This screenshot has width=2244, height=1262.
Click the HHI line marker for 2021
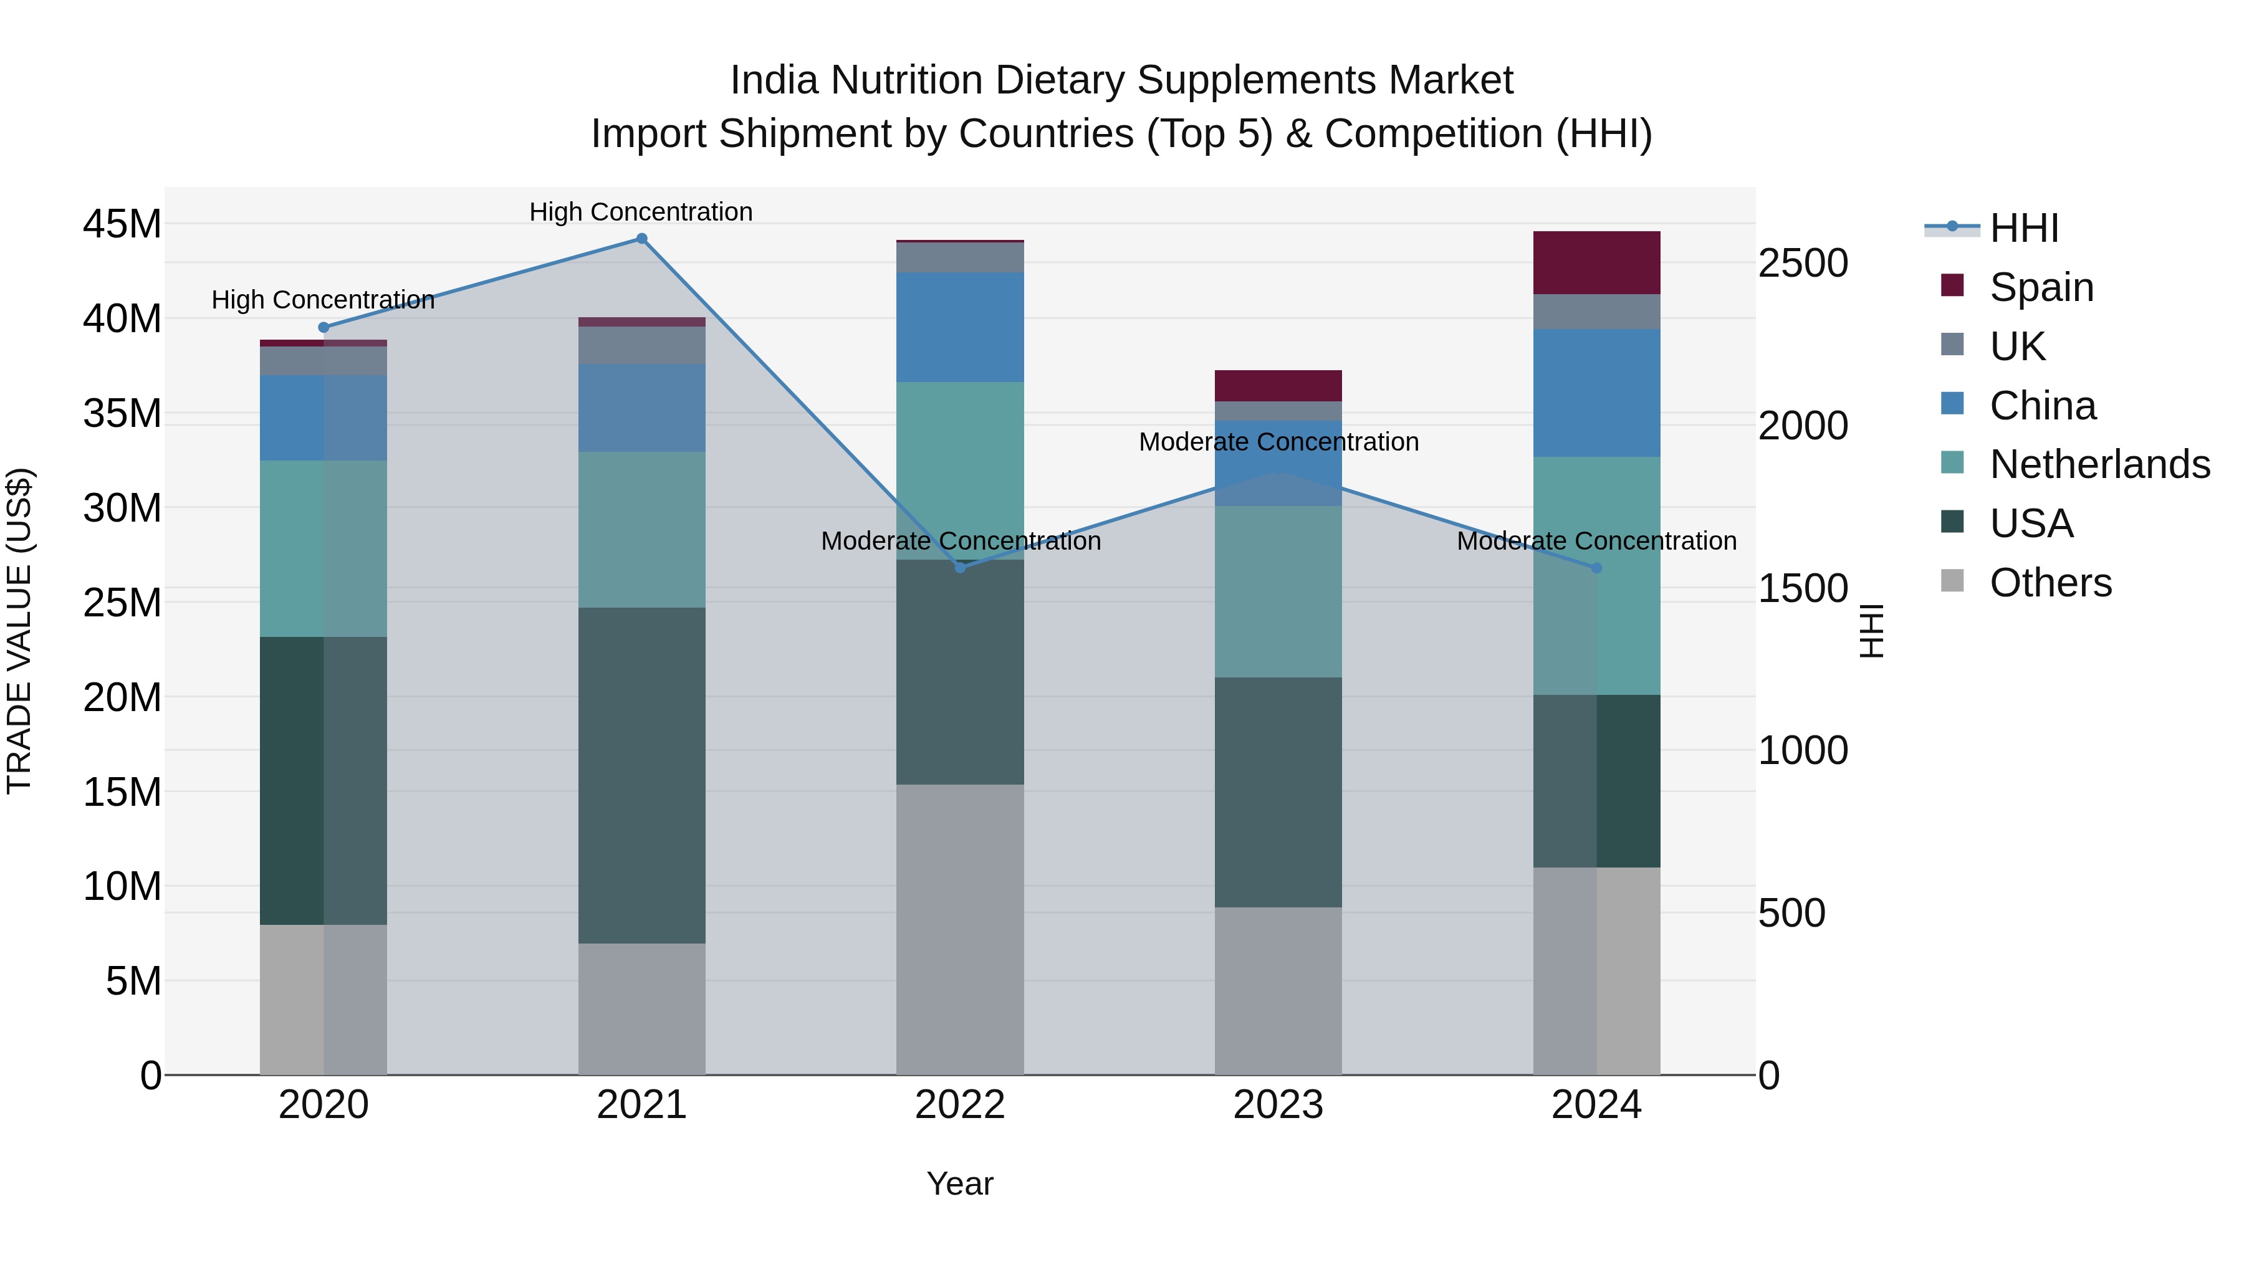(641, 239)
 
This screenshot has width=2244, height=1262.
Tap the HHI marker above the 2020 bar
(323, 327)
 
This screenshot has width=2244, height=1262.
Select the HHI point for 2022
(960, 568)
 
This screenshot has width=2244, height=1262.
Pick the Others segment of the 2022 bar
(960, 929)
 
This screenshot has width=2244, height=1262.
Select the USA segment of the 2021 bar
(641, 775)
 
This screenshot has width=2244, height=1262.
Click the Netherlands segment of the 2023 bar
(1278, 591)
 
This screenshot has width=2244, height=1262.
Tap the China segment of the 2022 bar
(960, 327)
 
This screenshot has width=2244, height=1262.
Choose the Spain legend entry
(2041, 287)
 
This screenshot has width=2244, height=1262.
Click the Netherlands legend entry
(2099, 464)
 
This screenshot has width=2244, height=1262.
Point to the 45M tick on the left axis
(122, 224)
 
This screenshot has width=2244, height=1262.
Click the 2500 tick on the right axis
(1802, 263)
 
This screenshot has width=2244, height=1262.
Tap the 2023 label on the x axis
(1278, 1105)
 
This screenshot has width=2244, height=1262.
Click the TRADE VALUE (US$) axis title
(19, 631)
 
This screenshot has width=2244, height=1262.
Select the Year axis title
(959, 1183)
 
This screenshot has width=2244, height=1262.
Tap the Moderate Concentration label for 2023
(1278, 442)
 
